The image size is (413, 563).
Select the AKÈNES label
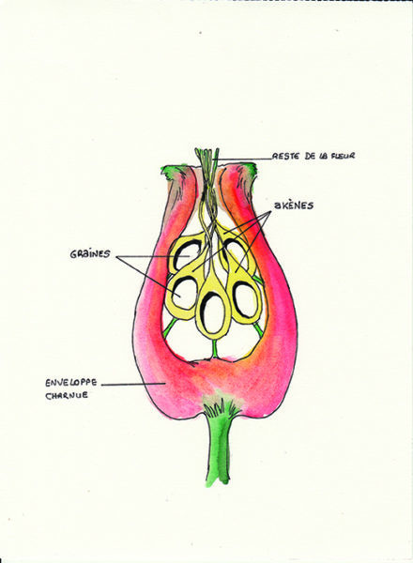[x=294, y=205]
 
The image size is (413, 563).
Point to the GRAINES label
[x=90, y=254]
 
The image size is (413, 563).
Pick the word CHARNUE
[x=67, y=395]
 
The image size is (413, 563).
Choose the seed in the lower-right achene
[x=245, y=299]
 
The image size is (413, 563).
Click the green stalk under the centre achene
[x=214, y=348]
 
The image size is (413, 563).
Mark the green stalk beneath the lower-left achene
[x=170, y=326]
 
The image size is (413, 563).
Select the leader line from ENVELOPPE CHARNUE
[x=132, y=384]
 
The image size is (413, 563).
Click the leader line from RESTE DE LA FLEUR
[x=242, y=158]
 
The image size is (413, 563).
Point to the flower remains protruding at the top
[x=206, y=169]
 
